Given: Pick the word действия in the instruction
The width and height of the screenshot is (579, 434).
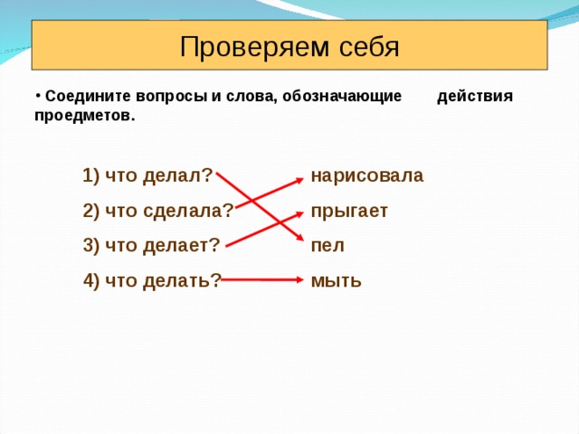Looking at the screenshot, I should pos(474,97).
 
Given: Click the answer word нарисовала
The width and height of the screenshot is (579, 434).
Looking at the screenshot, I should pos(366,175).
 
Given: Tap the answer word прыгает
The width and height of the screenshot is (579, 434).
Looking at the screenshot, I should pos(348,212).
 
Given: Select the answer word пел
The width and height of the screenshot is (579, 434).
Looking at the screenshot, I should pos(327,246).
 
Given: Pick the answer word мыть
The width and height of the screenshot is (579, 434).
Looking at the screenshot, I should pos(336,281).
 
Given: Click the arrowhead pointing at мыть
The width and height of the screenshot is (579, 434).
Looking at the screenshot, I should pos(299,280).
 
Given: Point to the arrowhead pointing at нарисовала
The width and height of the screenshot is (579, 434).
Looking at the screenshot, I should pos(299,180).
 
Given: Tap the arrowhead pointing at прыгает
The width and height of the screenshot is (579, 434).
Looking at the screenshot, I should pos(299,214).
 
